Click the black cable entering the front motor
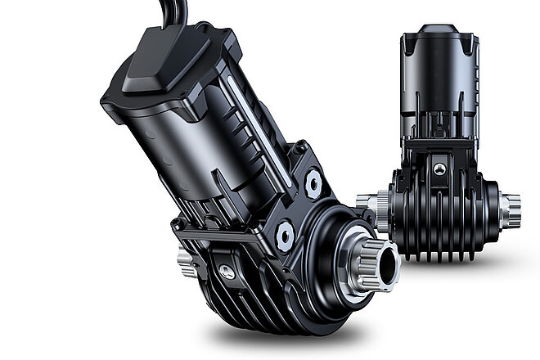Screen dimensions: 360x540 click(x=177, y=12)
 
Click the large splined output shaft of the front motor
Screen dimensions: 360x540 click(x=378, y=258)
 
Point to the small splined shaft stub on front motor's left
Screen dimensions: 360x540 click(x=184, y=260)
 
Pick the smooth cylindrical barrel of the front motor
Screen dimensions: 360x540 click(x=164, y=139)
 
